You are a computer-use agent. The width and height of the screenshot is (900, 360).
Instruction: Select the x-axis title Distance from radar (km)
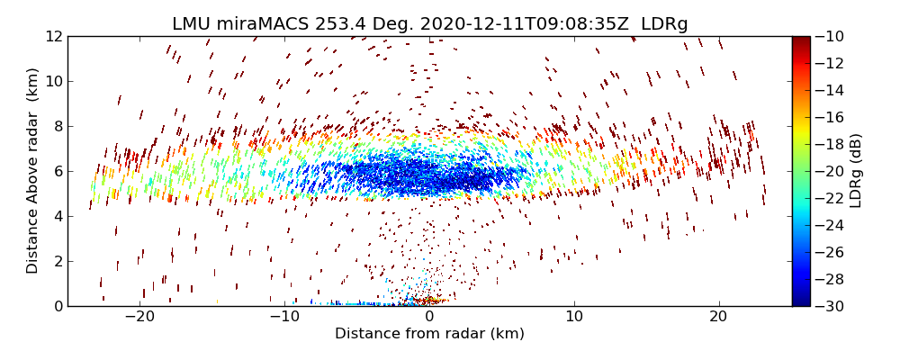pos(429,334)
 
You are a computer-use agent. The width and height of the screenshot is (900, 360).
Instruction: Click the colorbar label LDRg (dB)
pos(855,171)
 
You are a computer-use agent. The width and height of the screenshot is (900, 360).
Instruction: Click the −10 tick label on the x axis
pos(284,317)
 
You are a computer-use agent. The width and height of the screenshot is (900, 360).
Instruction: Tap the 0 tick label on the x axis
pos(429,317)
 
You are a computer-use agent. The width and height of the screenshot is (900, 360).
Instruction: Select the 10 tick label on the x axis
pos(574,317)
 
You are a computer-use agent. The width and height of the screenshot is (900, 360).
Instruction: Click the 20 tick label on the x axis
pos(718,317)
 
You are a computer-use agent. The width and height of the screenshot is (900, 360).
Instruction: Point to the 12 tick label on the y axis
pos(54,36)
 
